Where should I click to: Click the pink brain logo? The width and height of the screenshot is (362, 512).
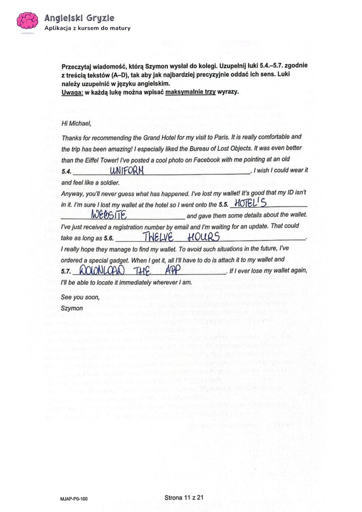27,21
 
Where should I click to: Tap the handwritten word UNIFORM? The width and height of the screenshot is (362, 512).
127,170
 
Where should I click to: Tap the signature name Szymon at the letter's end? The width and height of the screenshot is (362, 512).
71,308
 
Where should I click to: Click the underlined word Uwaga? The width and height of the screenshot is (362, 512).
71,93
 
